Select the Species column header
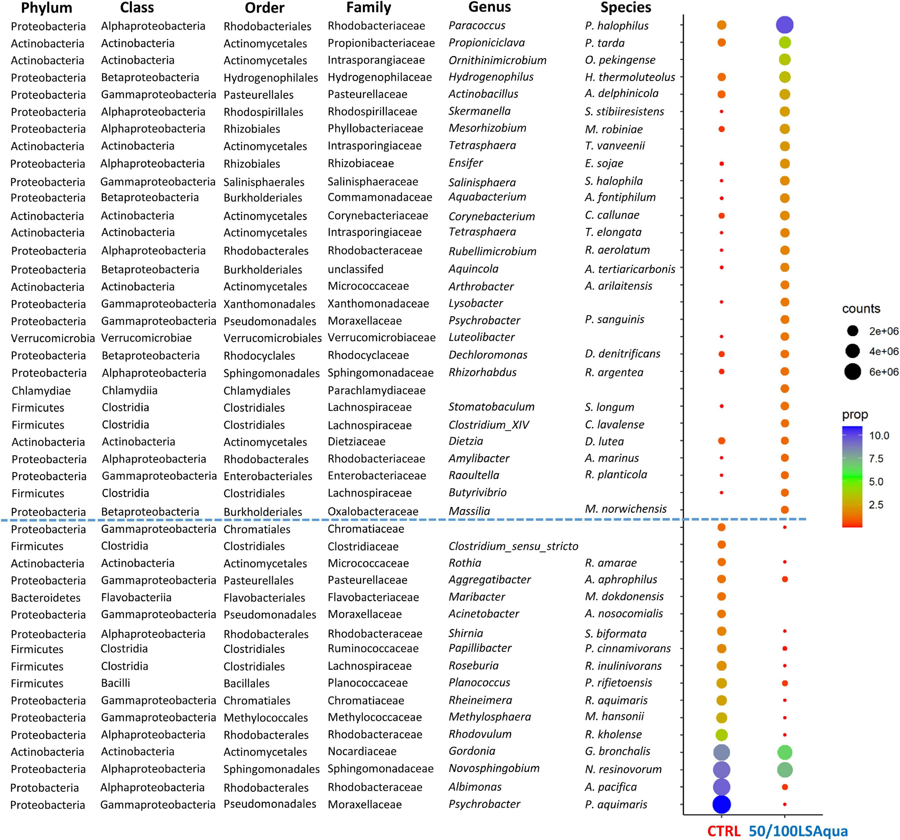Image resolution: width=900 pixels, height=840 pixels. (x=626, y=7)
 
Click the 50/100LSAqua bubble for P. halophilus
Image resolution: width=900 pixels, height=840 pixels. (x=784, y=25)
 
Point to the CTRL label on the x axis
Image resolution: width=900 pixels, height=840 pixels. (x=724, y=831)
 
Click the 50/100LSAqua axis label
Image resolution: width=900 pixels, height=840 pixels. (x=798, y=831)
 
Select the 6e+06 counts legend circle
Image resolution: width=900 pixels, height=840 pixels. (x=852, y=372)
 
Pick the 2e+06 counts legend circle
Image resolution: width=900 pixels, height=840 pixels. (x=852, y=331)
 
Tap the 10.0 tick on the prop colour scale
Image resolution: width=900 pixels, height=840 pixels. (x=879, y=436)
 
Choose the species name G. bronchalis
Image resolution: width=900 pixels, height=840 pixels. (x=617, y=752)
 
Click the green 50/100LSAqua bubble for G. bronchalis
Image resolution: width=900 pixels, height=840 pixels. (x=784, y=752)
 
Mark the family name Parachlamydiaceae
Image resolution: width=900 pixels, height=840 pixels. (x=376, y=390)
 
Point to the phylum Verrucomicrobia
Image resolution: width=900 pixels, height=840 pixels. (x=53, y=338)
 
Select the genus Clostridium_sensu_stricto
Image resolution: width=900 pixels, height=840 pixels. (x=513, y=546)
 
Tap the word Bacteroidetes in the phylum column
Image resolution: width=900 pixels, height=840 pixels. (x=45, y=598)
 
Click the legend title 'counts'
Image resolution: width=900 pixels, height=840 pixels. (x=861, y=309)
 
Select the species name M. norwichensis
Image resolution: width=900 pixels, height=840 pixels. (x=625, y=509)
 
